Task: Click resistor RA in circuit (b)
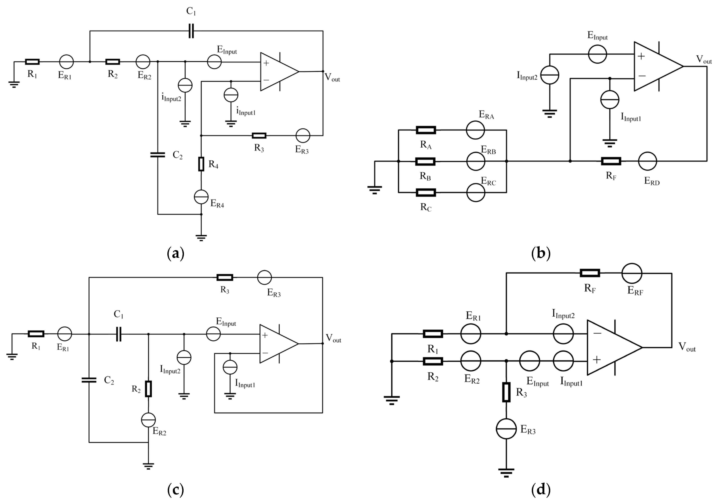click(x=426, y=130)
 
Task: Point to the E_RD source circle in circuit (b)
click(x=647, y=161)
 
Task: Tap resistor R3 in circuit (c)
click(x=225, y=277)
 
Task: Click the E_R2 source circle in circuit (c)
click(x=148, y=420)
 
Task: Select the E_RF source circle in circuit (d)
click(x=632, y=273)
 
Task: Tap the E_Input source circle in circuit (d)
click(x=530, y=361)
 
